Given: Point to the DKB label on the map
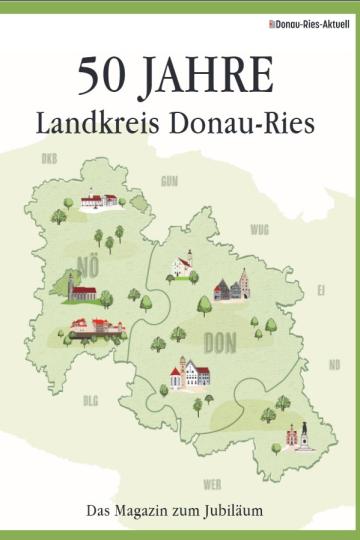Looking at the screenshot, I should point(49,159).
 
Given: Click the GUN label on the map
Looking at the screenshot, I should point(169,181).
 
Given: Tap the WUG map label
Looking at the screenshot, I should point(259,229).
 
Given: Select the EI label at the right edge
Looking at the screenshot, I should point(320,290).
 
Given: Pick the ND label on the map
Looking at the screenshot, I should point(334,364).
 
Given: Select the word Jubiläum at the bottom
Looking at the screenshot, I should point(235,514).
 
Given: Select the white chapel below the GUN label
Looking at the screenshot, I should point(181,265).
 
